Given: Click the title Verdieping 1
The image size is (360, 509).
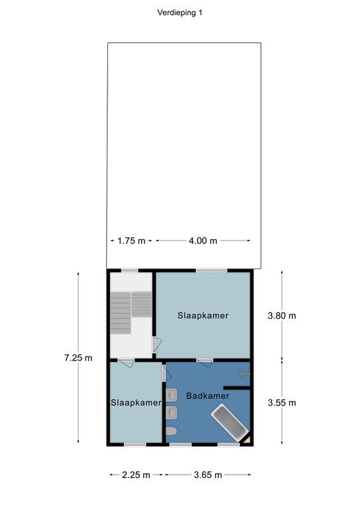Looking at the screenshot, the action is coord(180,13).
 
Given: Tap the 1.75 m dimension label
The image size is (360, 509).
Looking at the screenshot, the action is coord(131,241).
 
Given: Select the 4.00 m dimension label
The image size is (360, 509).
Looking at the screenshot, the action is coord(203,241).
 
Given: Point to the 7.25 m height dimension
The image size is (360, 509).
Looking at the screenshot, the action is coord(78,358).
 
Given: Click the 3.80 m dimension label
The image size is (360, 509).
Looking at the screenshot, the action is coord(282,315).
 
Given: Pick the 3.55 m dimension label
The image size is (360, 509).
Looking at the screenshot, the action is coord(282,403).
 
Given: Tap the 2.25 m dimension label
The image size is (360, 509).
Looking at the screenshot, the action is coord(136,475).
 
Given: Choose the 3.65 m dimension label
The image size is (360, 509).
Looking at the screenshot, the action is coord(208,475).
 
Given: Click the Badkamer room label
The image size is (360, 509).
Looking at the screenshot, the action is coord(208,396).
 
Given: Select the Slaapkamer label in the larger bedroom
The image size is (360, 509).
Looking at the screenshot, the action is coord(203,315).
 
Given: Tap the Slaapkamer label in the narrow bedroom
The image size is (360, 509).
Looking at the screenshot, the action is coord(136,403).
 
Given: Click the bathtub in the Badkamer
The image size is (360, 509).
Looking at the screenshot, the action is coord(229,422).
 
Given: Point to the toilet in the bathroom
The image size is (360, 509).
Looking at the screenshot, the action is coord(171,431).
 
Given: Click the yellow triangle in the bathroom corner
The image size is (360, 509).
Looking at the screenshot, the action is coord(247,439).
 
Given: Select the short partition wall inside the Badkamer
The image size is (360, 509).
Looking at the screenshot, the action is coord(237,388).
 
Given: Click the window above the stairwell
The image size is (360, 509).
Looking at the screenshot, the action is coord(130,270).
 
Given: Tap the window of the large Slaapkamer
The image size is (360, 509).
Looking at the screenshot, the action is coord(211,270).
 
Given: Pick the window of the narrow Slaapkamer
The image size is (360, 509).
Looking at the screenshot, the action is coord(135,445).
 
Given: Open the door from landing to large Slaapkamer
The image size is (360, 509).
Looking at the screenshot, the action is coord(156,345).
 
